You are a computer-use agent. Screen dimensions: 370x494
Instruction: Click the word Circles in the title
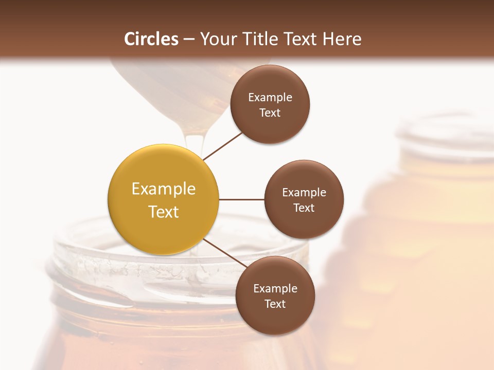(151, 39)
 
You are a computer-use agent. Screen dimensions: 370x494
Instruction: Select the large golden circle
(163, 199)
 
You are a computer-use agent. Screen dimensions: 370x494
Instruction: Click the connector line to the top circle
(222, 145)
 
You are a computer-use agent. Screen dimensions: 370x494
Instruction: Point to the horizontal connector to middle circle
(241, 199)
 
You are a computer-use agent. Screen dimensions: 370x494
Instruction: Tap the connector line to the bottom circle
(224, 253)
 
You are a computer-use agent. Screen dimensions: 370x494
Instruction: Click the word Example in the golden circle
(163, 189)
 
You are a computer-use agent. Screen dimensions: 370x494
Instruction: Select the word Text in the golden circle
(163, 212)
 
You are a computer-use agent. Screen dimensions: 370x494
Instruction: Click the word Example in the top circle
(270, 98)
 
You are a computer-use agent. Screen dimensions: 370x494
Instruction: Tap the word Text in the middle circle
(304, 208)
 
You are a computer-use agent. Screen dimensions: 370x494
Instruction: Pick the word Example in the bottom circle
(275, 289)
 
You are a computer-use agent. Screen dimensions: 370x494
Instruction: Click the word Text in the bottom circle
(275, 304)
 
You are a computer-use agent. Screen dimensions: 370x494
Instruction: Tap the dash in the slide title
(188, 39)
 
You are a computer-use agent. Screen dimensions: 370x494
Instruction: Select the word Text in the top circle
(270, 113)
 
